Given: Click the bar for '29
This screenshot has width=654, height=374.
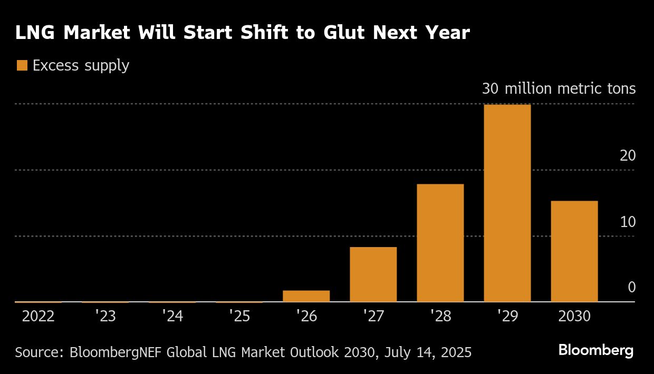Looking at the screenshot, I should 507,203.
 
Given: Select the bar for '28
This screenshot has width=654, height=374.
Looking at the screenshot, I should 440,243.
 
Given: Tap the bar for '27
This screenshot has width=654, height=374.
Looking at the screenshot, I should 373,274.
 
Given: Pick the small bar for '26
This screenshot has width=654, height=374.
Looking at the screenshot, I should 306,296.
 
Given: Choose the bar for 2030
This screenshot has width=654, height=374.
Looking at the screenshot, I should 574,251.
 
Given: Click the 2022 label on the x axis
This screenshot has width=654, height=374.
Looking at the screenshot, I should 38,317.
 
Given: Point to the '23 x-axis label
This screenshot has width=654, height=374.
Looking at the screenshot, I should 105,317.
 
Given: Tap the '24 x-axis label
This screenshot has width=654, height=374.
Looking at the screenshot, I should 172,317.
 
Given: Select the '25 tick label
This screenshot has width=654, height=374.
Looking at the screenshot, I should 239,317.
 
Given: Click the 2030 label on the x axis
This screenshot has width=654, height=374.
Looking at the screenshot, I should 574,317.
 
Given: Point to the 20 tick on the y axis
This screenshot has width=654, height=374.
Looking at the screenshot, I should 628,156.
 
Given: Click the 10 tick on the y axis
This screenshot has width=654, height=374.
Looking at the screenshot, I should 628,222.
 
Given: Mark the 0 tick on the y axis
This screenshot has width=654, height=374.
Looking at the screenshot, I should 631,288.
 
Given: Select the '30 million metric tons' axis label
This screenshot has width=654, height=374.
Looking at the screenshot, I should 559,89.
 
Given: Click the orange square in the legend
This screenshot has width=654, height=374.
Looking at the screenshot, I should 22,65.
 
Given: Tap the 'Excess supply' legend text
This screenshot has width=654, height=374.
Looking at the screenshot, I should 81,66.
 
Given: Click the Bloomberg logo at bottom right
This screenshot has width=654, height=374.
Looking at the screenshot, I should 595,350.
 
